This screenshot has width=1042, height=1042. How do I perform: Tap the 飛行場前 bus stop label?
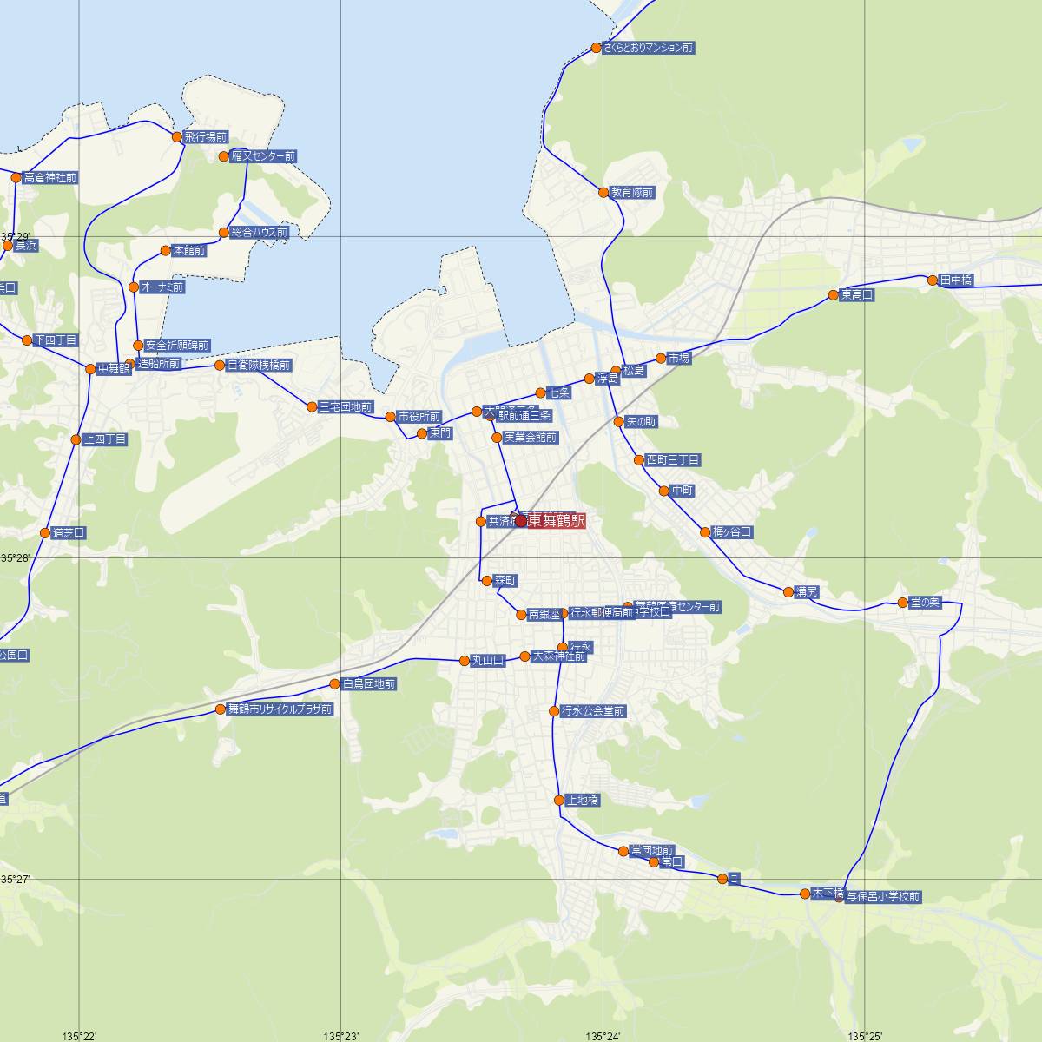(205, 137)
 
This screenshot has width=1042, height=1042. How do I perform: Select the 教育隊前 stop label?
(631, 192)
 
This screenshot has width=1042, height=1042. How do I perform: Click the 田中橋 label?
(956, 280)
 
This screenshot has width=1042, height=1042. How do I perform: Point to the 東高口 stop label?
(857, 295)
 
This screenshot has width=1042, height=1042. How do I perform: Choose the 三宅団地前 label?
(346, 406)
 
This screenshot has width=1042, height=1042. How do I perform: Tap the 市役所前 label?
(419, 417)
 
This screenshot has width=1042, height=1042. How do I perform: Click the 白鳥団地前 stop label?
(369, 684)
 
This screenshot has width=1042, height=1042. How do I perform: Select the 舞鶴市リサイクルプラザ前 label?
(280, 709)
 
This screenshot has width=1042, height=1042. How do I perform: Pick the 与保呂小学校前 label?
(883, 896)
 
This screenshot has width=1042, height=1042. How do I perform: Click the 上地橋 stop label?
(582, 800)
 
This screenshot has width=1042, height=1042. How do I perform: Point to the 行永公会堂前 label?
(593, 711)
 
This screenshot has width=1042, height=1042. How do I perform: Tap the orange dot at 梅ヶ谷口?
(705, 532)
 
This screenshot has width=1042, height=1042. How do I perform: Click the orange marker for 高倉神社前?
(16, 178)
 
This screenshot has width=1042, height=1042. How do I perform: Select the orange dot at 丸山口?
(465, 661)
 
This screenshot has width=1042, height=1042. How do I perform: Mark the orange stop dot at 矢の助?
(618, 422)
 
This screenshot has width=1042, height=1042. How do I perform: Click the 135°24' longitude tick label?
(603, 1035)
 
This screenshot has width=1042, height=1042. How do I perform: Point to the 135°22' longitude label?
(80, 1035)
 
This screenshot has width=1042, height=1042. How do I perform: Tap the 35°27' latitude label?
(16, 879)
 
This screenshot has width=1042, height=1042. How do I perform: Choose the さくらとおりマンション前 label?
(649, 48)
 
